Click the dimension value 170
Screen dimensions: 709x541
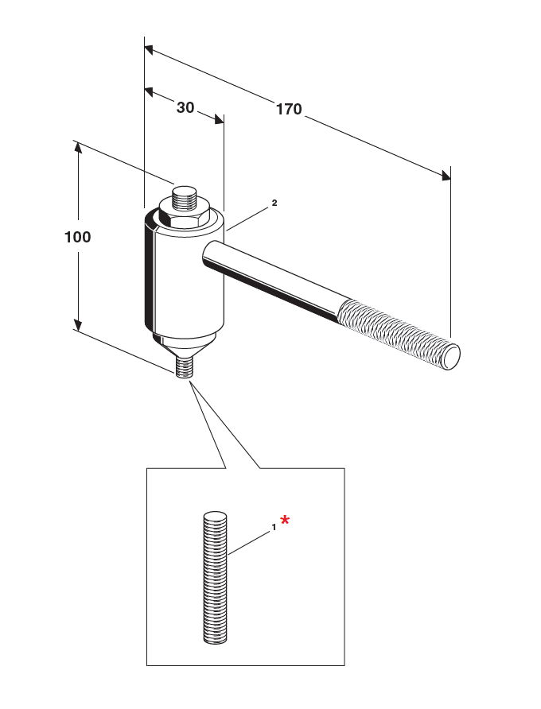[289, 109]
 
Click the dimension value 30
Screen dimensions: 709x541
[185, 107]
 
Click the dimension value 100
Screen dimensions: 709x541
[78, 237]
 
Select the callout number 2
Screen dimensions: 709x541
[274, 203]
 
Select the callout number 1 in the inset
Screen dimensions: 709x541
[274, 526]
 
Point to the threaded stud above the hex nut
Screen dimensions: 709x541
[185, 196]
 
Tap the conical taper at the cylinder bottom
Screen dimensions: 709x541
[184, 345]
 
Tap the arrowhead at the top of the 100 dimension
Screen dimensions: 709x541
[78, 148]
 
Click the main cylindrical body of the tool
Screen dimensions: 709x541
[185, 278]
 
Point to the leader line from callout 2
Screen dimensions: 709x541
[248, 219]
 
